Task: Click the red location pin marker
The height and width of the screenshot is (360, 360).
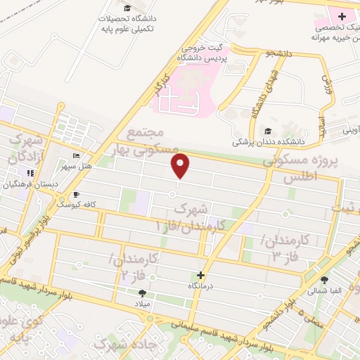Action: [181, 166]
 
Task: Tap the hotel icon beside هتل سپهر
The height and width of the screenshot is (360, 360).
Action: [76, 155]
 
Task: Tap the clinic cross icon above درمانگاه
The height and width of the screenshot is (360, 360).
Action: [201, 275]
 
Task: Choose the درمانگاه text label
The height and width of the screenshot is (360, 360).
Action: [201, 286]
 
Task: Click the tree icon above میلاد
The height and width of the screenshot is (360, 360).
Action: [143, 292]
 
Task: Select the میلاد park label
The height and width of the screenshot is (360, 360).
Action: [143, 304]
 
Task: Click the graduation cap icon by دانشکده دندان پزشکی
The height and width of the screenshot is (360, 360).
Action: [266, 131]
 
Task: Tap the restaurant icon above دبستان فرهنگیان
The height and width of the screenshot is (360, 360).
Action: [30, 172]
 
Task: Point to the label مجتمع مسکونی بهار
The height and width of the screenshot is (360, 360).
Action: [146, 141]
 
